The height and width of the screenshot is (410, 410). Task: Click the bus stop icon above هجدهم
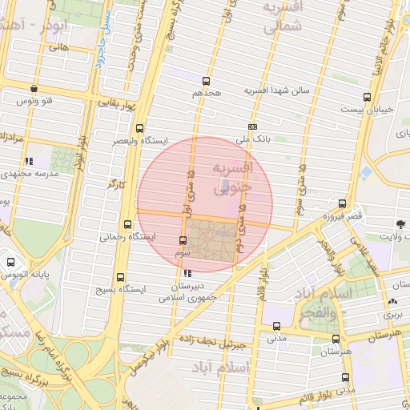click(x=207, y=81)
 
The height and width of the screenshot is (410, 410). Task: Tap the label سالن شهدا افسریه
click(x=276, y=91)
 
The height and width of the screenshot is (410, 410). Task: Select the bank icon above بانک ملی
click(x=253, y=127)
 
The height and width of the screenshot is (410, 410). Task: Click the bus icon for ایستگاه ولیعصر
click(x=140, y=128)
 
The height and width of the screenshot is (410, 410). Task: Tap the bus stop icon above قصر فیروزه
click(x=343, y=203)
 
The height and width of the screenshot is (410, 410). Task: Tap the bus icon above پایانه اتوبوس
click(x=11, y=261)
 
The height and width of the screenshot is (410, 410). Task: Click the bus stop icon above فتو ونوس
click(x=33, y=89)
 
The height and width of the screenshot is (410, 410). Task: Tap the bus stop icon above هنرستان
click(x=336, y=339)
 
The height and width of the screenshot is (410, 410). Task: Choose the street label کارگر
click(x=118, y=185)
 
